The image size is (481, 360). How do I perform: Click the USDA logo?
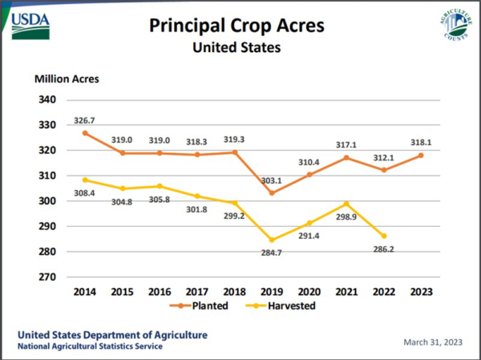[x=30, y=26]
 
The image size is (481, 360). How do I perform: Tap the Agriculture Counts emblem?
[x=456, y=24]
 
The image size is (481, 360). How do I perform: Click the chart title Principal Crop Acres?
[x=236, y=26]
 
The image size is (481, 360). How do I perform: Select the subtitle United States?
[x=236, y=47]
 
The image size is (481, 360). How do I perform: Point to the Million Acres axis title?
[x=67, y=79]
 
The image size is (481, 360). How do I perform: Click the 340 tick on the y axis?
[x=47, y=99]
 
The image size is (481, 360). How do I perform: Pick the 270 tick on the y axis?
[x=47, y=277]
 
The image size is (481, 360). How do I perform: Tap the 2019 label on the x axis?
[x=272, y=292]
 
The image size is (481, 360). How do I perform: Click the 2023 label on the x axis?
[x=421, y=292]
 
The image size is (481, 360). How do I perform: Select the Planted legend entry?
[x=200, y=305]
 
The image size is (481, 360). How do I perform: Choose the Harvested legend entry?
[x=281, y=305]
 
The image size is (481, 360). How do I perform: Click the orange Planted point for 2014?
[x=85, y=133]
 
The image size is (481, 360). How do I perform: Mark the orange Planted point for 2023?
[x=421, y=156]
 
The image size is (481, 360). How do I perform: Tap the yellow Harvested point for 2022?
[x=384, y=236]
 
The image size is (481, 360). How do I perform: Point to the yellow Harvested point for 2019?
[x=272, y=240]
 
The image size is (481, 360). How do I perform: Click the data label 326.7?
[x=84, y=120]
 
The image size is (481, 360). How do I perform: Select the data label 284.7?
[x=271, y=253]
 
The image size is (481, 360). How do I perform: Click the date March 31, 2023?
[x=433, y=342]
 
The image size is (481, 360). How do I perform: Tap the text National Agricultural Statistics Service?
[x=90, y=346]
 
